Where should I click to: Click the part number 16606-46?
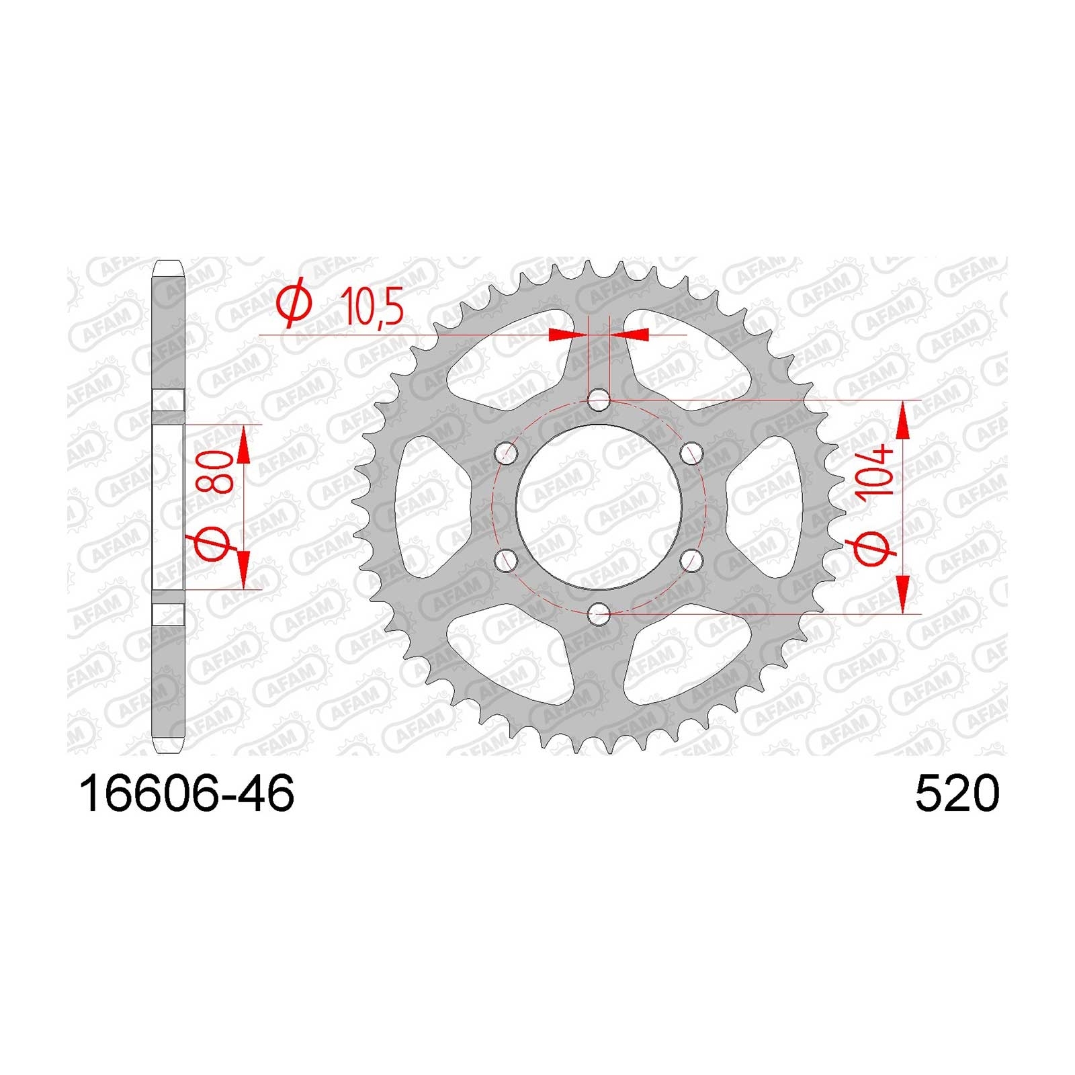coord(187,793)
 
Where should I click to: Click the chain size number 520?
coord(957,793)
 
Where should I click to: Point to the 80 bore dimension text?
coord(216,472)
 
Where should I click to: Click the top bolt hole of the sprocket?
coord(599,401)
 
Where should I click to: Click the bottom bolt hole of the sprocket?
coord(599,612)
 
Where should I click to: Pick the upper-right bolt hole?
coord(690,454)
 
